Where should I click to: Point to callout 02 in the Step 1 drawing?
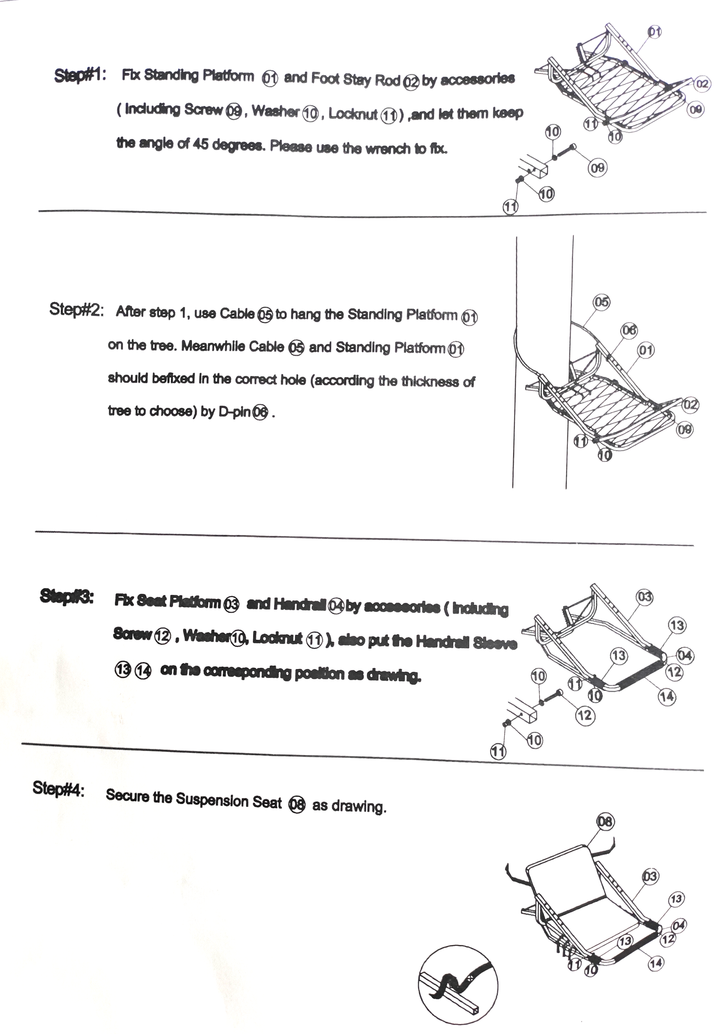coord(702,84)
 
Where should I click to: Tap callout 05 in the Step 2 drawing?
coord(602,302)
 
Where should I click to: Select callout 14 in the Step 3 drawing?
coord(667,697)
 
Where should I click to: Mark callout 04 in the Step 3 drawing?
coord(685,655)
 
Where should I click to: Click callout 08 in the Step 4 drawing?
coord(605,822)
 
